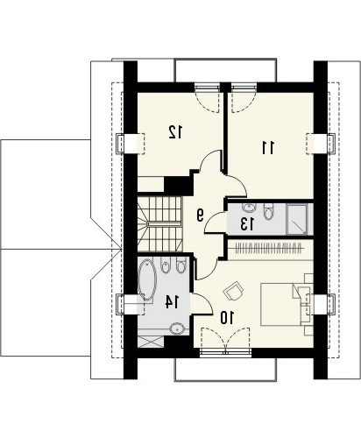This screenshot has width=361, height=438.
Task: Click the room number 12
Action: pyautogui.click(x=175, y=132)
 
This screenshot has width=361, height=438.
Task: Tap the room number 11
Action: pyautogui.click(x=268, y=148)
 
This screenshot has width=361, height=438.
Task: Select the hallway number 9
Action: pyautogui.click(x=200, y=215)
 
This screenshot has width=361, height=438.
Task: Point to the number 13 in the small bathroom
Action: pyautogui.click(x=247, y=224)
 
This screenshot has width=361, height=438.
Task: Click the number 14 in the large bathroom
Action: pyautogui.click(x=172, y=302)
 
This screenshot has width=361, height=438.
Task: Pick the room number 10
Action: pyautogui.click(x=227, y=318)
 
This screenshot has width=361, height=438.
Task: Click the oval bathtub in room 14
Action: pyautogui.click(x=145, y=279)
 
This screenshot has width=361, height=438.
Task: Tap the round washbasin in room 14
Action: pyautogui.click(x=177, y=328)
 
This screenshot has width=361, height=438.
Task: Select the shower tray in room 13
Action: pyautogui.click(x=297, y=219)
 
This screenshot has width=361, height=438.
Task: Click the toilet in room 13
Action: pyautogui.click(x=268, y=211)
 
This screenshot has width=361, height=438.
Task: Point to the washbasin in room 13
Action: pyautogui.click(x=249, y=208)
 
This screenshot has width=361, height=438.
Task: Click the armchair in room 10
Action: pyautogui.click(x=233, y=290)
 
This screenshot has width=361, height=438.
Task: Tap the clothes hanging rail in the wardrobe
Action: pyautogui.click(x=269, y=249)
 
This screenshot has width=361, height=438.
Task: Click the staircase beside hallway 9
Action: pyautogui.click(x=159, y=224)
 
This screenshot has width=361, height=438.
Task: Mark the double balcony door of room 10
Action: pyautogui.click(x=225, y=339)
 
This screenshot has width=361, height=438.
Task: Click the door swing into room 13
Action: pyautogui.click(x=215, y=223)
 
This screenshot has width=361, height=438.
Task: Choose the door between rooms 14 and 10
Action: pyautogui.click(x=201, y=304)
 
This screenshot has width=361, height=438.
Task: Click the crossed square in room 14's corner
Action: pyautogui.click(x=151, y=342)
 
